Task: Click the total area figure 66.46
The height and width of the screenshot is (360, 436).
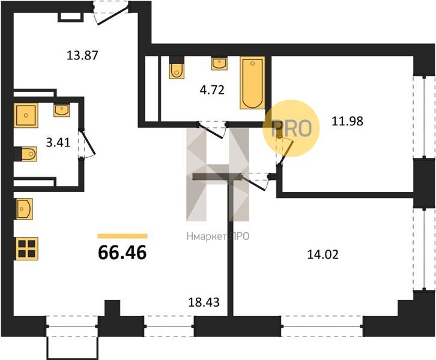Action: click(x=123, y=253)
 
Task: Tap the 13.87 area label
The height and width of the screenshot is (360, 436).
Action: click(x=83, y=55)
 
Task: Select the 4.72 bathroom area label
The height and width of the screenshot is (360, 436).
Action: click(x=212, y=90)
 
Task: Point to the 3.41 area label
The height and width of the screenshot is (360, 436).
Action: click(x=58, y=143)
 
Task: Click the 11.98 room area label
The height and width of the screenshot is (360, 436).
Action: click(x=347, y=121)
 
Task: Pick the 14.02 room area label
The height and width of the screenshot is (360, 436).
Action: click(x=323, y=254)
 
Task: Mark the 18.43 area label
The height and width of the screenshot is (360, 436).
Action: click(x=204, y=302)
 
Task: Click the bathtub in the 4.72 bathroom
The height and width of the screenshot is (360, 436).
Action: click(x=252, y=83)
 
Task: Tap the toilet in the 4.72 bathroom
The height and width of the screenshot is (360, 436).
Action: click(x=177, y=67)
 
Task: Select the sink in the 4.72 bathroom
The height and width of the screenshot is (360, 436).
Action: click(x=219, y=64)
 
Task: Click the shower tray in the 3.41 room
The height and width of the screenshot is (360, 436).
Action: click(x=26, y=115)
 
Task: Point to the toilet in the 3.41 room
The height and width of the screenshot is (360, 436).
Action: click(x=26, y=154)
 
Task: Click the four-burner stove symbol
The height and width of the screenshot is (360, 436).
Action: click(x=27, y=248)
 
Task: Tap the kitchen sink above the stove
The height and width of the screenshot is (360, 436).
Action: click(x=25, y=209)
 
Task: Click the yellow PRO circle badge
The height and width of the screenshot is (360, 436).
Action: click(x=291, y=128)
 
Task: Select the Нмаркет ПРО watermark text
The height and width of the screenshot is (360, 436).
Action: click(x=218, y=236)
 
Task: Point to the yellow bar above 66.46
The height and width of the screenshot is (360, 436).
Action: click(x=123, y=236)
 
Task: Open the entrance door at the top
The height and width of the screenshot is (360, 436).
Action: click(x=111, y=13)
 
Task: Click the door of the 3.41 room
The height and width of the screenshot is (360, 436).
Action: click(x=86, y=145)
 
